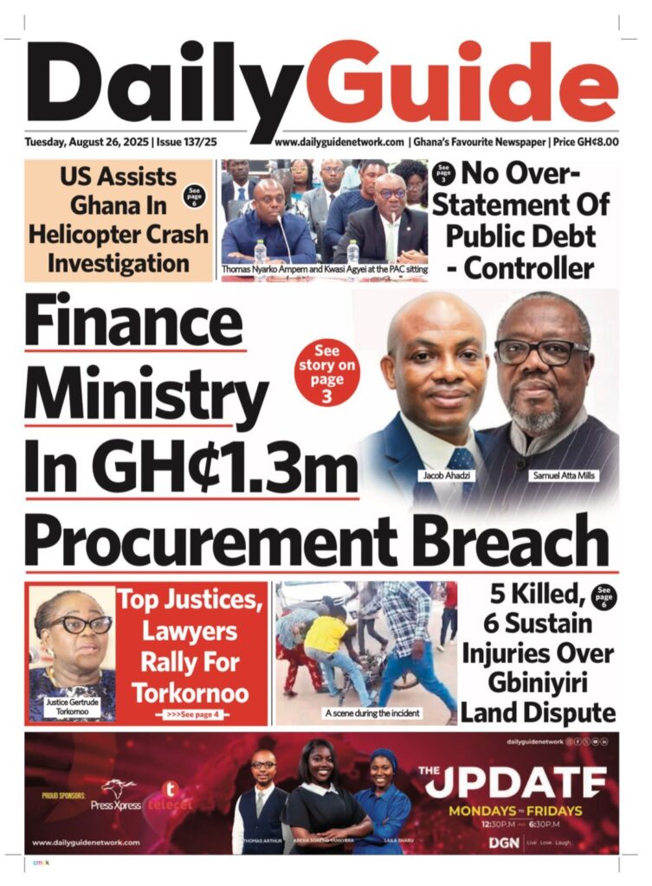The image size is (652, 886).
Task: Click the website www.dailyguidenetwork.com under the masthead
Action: coord(339,142)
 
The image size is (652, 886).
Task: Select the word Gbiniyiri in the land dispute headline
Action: coord(540,681)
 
